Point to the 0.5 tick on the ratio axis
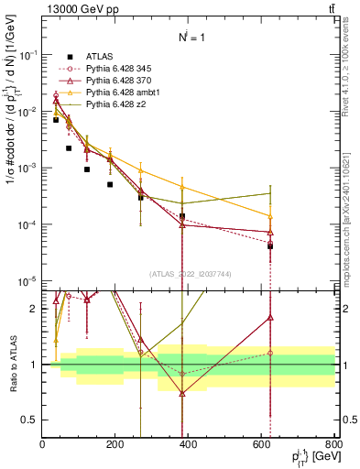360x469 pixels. pyautogui.click(x=32, y=420)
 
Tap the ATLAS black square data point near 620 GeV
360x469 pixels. pyautogui.click(x=270, y=245)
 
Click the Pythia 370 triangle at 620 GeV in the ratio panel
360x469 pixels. pyautogui.click(x=270, y=318)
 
